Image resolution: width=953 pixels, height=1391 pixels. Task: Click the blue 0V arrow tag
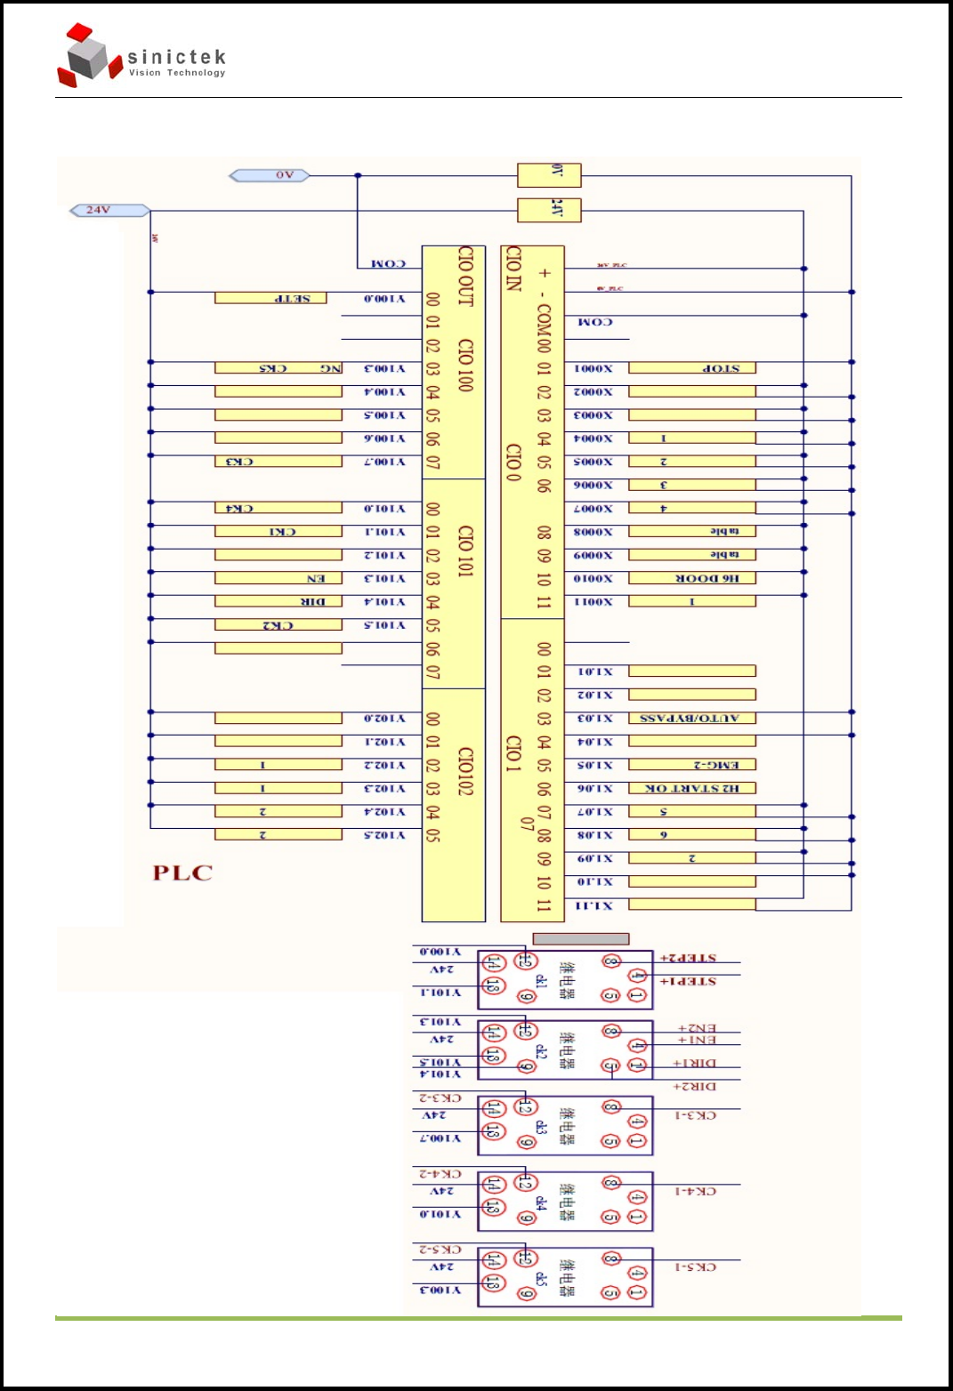(270, 175)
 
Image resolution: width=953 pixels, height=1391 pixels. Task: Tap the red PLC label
(182, 872)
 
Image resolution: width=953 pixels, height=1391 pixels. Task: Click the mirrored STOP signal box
(692, 367)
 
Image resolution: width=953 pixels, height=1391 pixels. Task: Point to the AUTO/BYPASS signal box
(692, 719)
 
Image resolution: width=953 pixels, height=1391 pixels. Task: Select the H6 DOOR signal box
(692, 578)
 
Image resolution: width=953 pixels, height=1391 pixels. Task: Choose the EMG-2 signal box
(692, 765)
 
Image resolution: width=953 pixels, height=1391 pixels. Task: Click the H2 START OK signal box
(692, 788)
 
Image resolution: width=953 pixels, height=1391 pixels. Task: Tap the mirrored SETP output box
(271, 298)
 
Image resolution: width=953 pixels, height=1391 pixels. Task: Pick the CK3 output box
(278, 462)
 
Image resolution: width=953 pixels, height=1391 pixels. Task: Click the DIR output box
(278, 602)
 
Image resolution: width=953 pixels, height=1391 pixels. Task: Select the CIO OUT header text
(464, 277)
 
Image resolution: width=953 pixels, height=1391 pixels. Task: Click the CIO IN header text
(513, 269)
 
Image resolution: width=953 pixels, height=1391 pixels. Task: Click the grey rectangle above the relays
(580, 938)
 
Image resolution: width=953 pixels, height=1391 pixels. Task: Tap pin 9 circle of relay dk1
(526, 998)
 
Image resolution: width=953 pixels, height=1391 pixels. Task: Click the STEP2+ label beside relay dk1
(688, 959)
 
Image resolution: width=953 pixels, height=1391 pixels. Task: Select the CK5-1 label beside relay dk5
(695, 1266)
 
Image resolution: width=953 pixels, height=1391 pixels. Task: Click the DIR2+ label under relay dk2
(694, 1087)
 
